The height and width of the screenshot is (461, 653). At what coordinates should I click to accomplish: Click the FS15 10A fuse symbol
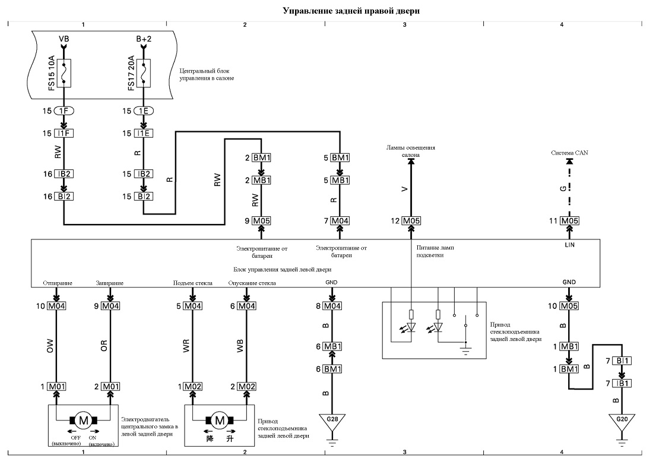point(64,73)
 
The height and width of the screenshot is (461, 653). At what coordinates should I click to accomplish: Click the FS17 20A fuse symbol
point(144,73)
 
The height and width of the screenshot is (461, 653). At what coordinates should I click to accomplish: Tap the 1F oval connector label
point(64,111)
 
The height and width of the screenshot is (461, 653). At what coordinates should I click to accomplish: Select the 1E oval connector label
point(144,111)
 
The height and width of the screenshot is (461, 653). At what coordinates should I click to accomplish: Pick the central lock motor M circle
point(83,420)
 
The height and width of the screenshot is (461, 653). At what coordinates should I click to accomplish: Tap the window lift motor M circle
point(220,420)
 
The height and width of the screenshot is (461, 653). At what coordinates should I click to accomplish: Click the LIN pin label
point(569,245)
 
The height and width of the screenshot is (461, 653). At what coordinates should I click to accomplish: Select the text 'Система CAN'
point(569,153)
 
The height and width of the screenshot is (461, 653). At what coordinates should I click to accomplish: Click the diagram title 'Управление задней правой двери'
point(351,11)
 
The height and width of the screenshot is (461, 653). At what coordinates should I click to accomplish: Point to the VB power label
point(64,39)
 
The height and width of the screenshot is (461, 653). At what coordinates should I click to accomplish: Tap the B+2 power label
point(144,39)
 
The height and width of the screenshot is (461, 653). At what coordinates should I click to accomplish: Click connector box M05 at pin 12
point(411,221)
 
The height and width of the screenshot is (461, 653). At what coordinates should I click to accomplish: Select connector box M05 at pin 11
point(569,221)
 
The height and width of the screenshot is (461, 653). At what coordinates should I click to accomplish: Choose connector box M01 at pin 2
point(110,387)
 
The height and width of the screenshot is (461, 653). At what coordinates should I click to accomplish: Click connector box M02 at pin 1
point(193,387)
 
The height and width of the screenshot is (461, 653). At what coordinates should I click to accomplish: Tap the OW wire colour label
point(50,346)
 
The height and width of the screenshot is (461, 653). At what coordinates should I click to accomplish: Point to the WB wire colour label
point(240,346)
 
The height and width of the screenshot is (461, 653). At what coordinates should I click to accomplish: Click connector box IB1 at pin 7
point(622,383)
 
